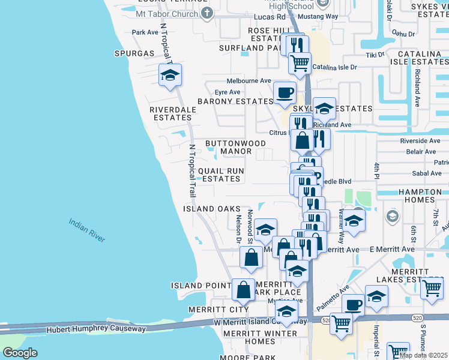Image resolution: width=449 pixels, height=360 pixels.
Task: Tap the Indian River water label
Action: [x=87, y=230]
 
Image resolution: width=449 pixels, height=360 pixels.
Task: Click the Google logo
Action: [x=20, y=353]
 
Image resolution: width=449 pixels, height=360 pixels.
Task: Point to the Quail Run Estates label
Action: [x=221, y=175]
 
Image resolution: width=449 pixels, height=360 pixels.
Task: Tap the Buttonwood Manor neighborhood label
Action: [x=228, y=147]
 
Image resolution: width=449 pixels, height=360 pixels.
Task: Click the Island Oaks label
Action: [x=208, y=209]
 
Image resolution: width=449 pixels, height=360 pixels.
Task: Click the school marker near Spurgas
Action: [x=170, y=76]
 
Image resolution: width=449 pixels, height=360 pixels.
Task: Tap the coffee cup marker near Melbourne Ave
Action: [x=285, y=93]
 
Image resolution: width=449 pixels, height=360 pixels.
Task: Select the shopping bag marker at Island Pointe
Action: [x=243, y=291]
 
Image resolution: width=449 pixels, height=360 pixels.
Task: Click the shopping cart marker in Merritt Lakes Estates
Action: [x=432, y=289]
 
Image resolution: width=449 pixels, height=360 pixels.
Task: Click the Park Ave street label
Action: [x=144, y=32]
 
